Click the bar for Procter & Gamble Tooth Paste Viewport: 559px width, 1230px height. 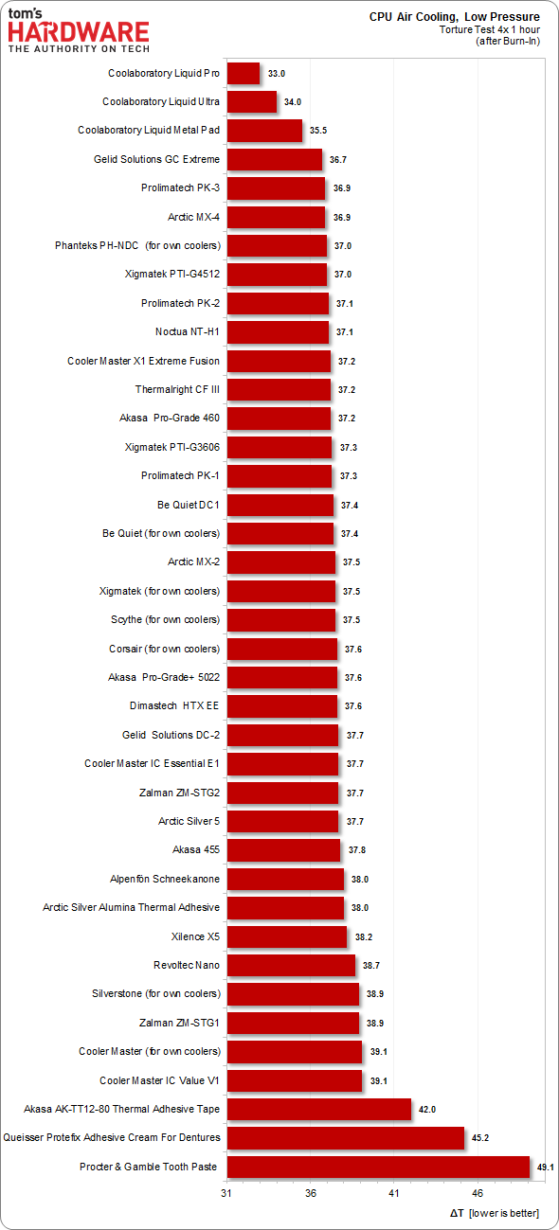click(x=378, y=1167)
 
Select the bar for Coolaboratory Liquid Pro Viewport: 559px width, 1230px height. click(x=243, y=73)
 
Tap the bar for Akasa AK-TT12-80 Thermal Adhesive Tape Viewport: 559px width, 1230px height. click(x=319, y=1109)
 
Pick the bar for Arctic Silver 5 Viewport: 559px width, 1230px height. click(x=282, y=821)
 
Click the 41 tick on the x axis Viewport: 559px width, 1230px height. click(x=394, y=1191)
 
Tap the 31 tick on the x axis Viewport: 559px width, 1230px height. click(x=227, y=1191)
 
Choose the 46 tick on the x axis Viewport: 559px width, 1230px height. click(x=478, y=1191)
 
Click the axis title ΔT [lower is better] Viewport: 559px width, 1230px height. click(x=493, y=1213)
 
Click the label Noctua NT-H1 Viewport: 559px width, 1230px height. click(x=187, y=332)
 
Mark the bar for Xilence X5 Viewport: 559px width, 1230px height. click(x=287, y=936)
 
